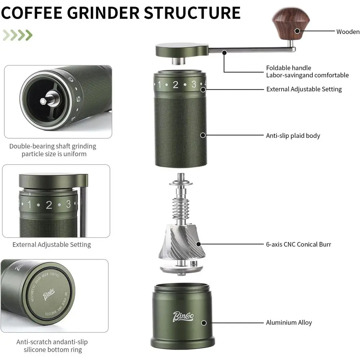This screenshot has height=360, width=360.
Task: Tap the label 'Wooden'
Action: [348, 32]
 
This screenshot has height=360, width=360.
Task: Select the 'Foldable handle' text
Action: [288, 68]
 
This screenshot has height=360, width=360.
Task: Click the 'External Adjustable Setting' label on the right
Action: [304, 89]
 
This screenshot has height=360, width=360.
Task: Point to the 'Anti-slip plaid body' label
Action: [293, 136]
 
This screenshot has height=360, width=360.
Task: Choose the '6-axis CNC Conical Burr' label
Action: [298, 244]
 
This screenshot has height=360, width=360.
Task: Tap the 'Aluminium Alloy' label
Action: [289, 323]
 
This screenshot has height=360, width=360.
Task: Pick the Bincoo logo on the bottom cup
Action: [183, 316]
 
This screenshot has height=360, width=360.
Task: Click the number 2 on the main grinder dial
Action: [175, 85]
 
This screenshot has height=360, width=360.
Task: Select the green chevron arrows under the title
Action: [17, 35]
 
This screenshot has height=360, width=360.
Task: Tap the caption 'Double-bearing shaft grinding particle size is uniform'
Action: [53, 150]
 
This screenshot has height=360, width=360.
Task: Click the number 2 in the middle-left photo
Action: [49, 205]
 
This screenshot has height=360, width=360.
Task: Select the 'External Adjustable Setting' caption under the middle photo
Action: [52, 244]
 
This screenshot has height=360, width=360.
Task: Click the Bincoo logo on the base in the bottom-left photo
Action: [48, 295]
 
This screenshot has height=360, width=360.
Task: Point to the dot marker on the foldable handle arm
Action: [224, 52]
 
